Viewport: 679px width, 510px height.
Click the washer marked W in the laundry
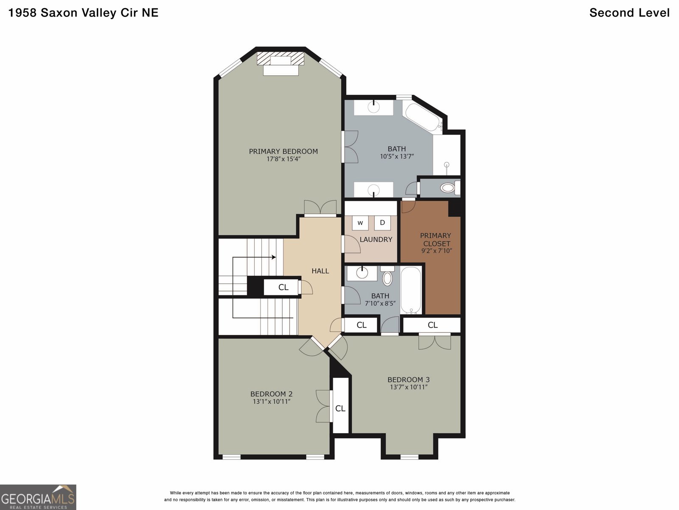360,223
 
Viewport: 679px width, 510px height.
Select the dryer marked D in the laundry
382,223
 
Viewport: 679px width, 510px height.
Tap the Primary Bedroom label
283,151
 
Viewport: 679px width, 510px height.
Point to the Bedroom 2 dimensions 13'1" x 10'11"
272,402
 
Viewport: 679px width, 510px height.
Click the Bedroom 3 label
408,380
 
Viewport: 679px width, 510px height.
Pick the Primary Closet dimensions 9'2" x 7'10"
437,251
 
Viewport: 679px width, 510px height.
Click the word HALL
320,271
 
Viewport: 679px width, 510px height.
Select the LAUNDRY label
376,239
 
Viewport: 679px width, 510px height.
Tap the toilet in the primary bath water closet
450,188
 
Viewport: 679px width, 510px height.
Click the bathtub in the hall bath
411,290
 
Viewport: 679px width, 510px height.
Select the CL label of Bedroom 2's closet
340,408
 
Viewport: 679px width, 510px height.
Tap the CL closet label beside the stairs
283,287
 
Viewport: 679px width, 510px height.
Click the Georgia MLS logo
38,497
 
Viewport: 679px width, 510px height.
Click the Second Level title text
629,13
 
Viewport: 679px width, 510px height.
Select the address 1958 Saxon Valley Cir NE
83,13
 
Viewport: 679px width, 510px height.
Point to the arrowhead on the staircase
274,257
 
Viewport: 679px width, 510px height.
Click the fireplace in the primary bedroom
281,63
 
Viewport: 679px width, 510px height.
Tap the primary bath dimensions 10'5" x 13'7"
397,156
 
